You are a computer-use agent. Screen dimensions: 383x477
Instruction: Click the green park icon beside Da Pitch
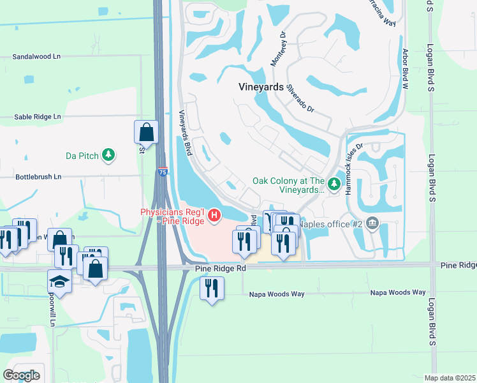click(x=109, y=155)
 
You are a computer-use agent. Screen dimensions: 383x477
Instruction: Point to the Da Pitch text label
click(x=80, y=156)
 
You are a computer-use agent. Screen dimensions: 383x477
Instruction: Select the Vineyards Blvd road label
click(x=186, y=131)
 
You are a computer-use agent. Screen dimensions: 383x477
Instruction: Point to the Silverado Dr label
click(x=300, y=99)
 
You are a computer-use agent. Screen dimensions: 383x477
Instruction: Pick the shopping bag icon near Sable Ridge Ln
click(x=146, y=132)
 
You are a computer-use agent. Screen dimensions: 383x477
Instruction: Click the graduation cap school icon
click(x=59, y=281)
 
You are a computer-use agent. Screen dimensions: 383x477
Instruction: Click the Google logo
click(x=21, y=375)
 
